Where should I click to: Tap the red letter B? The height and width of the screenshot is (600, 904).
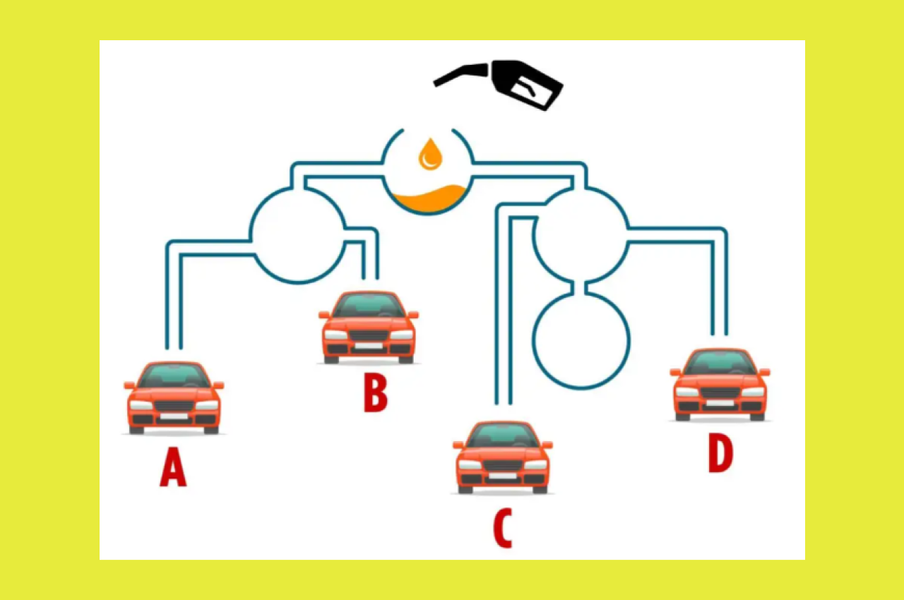[x=375, y=392]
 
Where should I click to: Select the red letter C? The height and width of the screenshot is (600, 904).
[x=503, y=528]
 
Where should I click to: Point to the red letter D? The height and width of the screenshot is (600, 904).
[x=721, y=454]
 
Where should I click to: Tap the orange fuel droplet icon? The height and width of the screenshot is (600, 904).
[x=430, y=154]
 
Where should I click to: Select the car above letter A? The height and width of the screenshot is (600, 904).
[x=174, y=397]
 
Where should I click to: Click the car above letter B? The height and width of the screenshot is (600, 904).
[x=369, y=327]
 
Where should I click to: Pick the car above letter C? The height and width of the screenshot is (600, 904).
[x=503, y=457]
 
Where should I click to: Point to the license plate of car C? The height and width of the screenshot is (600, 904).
[x=502, y=476]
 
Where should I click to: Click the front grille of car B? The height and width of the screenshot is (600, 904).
[x=369, y=335]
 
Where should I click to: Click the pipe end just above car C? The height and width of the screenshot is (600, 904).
[x=504, y=403]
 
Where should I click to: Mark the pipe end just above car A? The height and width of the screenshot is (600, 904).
[x=174, y=348]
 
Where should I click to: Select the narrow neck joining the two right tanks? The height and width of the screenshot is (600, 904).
[x=580, y=287]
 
